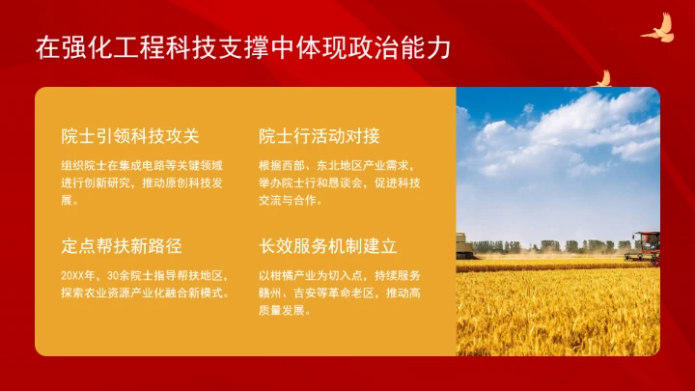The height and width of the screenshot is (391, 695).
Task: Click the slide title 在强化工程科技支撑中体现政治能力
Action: click(x=242, y=47)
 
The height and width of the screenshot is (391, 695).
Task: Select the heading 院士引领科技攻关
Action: click(x=129, y=135)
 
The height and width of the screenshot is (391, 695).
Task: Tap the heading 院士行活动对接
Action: click(x=320, y=135)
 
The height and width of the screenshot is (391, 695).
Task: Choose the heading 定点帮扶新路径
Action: click(x=121, y=245)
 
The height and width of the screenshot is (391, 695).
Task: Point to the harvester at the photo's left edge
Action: click(x=464, y=246)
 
